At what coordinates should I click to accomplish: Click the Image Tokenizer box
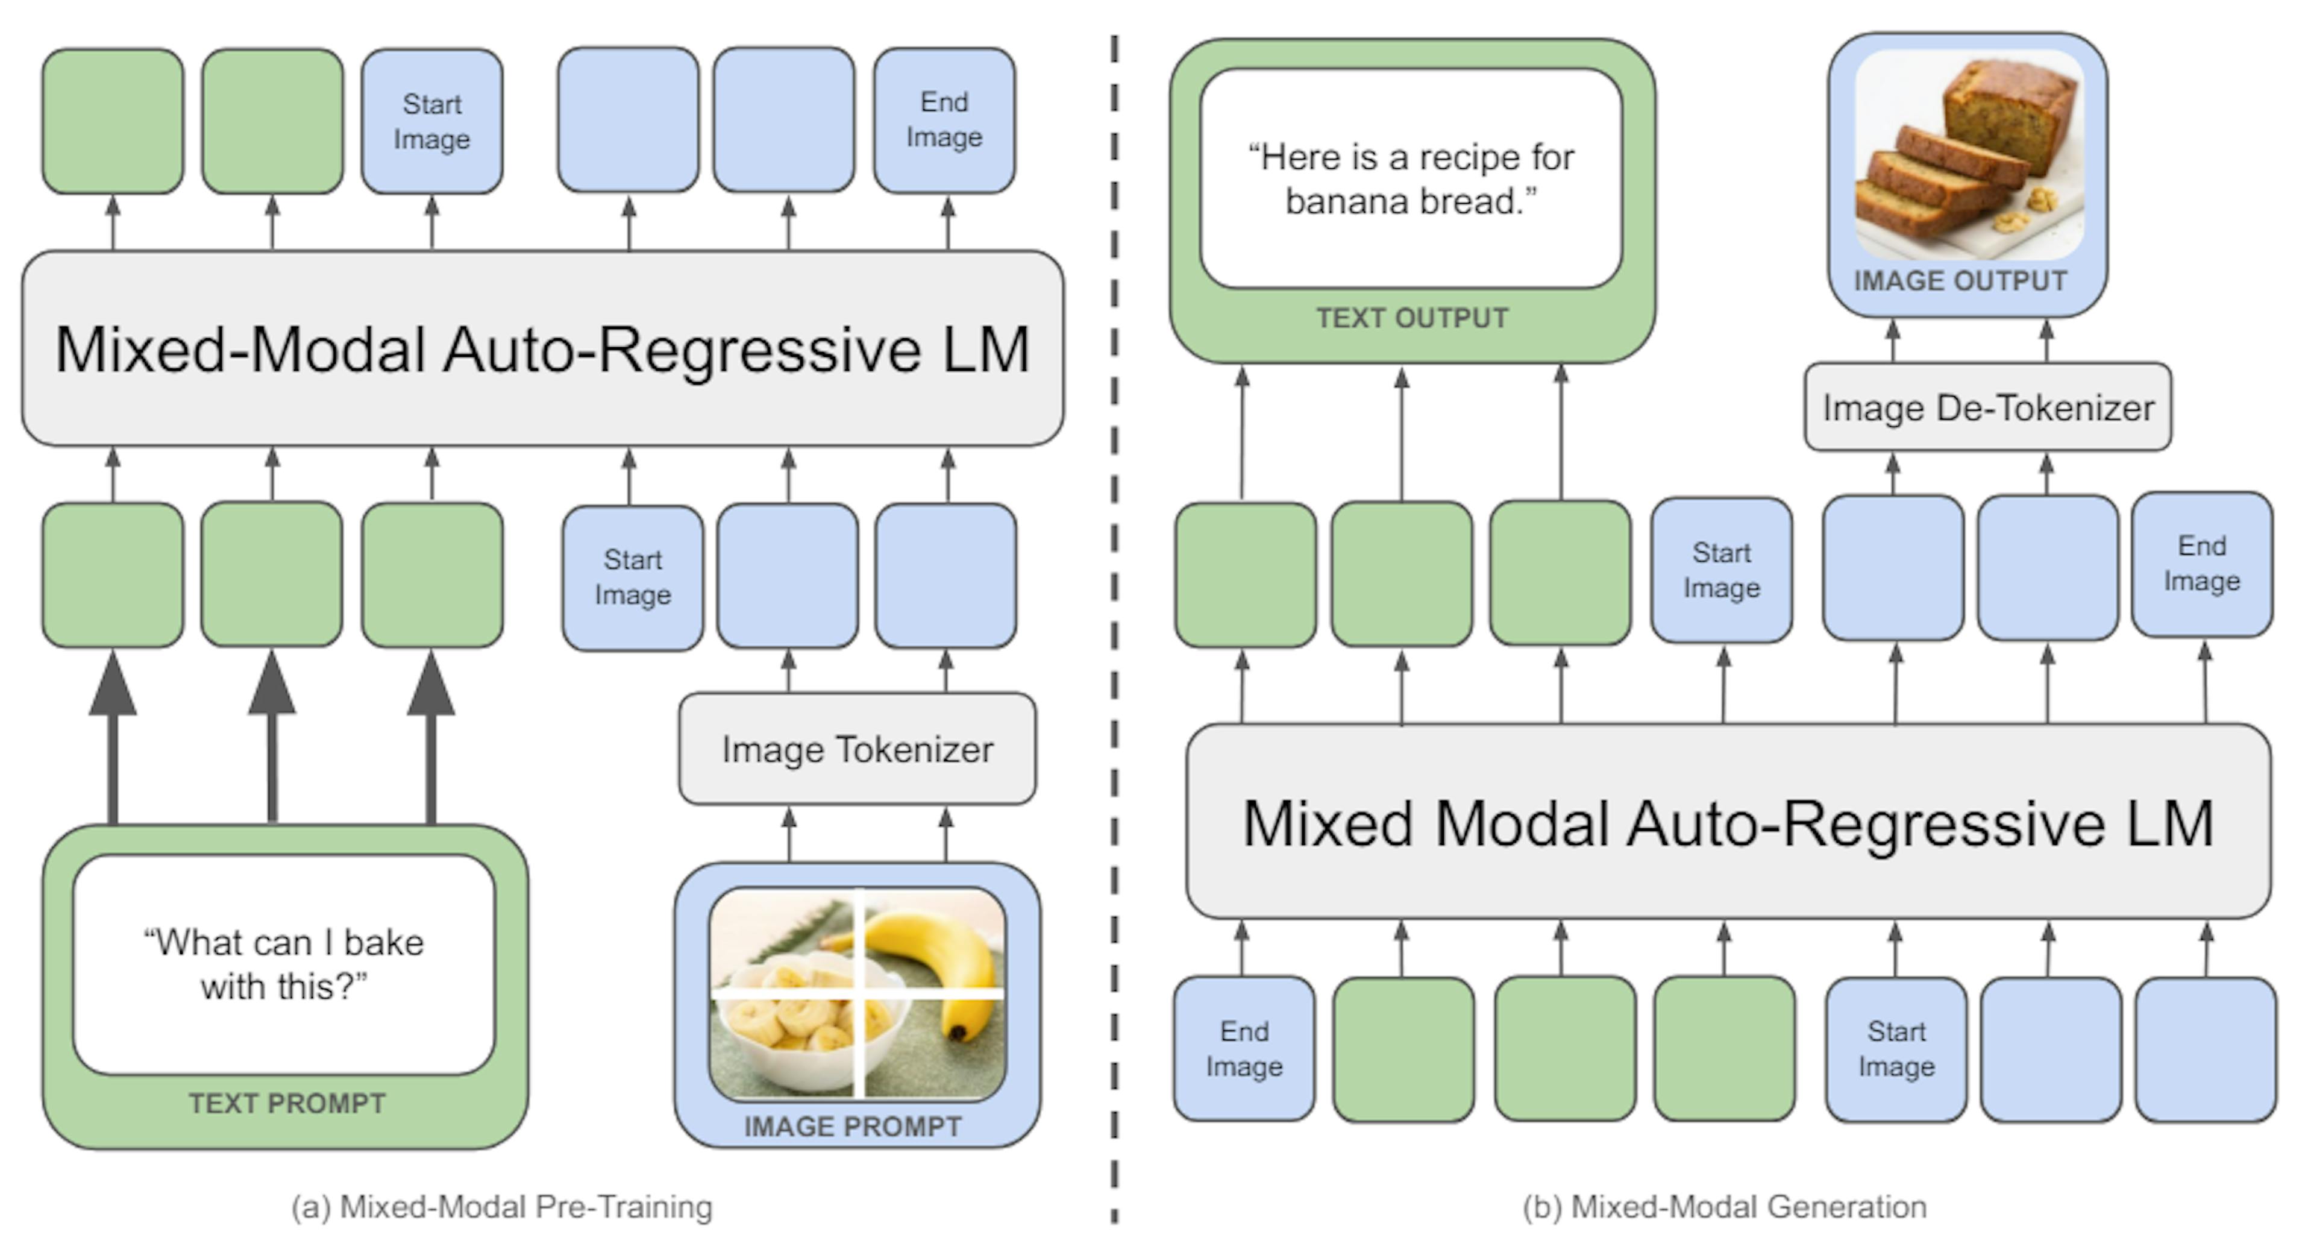tap(857, 749)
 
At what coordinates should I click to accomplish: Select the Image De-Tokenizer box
tap(1987, 408)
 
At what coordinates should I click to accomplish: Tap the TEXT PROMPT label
tap(287, 1103)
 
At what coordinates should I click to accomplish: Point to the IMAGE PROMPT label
tap(853, 1127)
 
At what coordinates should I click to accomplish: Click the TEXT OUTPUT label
tap(1411, 318)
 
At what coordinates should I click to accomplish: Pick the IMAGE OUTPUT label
tap(1960, 281)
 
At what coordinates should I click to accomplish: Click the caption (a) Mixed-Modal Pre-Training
tap(501, 1207)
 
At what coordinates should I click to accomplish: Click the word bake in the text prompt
tap(384, 942)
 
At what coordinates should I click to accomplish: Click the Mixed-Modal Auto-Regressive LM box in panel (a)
tap(542, 348)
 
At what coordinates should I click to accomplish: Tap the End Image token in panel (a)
tap(944, 121)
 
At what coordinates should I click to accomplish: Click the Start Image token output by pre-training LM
tap(432, 121)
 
